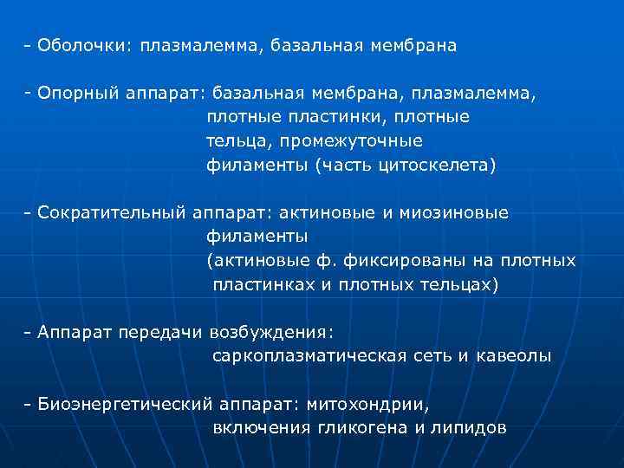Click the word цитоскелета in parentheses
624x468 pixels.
tap(448, 164)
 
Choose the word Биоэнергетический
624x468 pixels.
tap(126, 404)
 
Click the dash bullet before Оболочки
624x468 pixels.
tap(29, 45)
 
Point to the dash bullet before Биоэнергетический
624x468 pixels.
tap(29, 404)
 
